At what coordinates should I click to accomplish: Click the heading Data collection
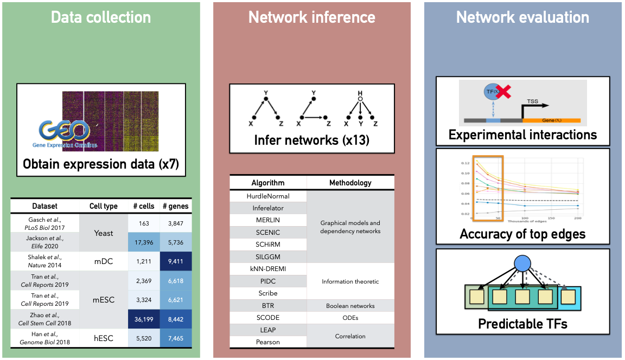100,17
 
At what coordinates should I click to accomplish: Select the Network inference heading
311,17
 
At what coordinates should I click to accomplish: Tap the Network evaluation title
522,17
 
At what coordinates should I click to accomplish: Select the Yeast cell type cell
104,233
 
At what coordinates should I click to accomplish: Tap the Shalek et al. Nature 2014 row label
45,261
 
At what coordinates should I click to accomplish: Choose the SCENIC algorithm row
268,232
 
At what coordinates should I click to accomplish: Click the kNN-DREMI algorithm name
268,269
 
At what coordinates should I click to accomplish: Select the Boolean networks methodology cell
350,306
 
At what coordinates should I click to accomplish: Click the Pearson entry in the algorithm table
268,342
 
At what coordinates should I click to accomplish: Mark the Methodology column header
350,183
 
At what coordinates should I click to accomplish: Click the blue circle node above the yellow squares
521,264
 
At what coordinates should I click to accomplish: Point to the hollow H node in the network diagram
360,99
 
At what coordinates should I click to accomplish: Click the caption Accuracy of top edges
522,234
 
